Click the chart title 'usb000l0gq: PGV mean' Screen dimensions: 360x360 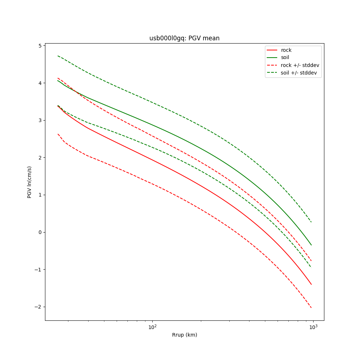[x=184, y=38]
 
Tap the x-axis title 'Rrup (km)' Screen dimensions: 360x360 [x=184, y=335]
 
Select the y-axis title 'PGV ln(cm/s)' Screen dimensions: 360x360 [x=30, y=182]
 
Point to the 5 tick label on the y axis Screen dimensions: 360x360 [x=40, y=46]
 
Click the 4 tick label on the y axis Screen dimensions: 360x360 [x=40, y=83]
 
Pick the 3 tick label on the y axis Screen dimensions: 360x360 [x=40, y=120]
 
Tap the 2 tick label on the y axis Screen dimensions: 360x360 [x=40, y=158]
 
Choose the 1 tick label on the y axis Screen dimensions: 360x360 [x=40, y=195]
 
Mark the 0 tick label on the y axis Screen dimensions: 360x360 [x=40, y=232]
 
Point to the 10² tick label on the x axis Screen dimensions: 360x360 [x=153, y=327]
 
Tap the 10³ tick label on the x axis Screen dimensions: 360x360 [x=313, y=327]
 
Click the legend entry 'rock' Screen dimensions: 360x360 [x=286, y=50]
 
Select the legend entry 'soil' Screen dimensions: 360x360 [x=285, y=57]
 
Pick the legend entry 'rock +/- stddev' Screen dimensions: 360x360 [x=300, y=65]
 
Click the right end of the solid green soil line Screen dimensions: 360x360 [x=311, y=245]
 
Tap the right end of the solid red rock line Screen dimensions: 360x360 [x=311, y=285]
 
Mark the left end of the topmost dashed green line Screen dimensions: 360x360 [x=58, y=56]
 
